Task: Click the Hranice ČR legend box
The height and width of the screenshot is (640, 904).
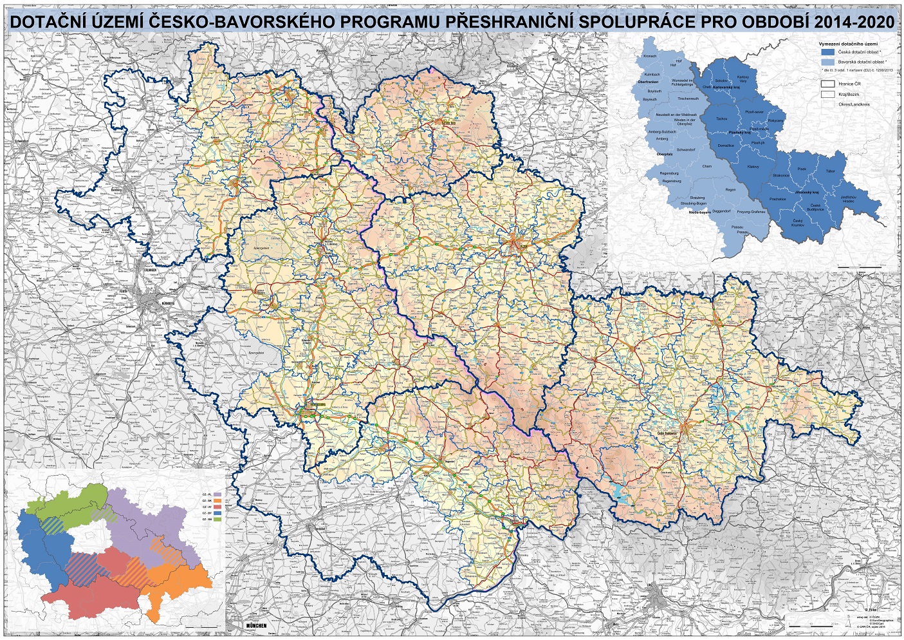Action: [x=827, y=84]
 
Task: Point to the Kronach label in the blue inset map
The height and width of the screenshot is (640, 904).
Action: [x=650, y=57]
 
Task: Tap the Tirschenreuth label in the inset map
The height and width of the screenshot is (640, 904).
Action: [x=688, y=99]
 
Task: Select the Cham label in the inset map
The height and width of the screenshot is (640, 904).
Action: [x=707, y=166]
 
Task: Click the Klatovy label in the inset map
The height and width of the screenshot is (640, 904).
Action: [x=752, y=167]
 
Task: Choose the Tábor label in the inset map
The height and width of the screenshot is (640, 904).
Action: [x=831, y=171]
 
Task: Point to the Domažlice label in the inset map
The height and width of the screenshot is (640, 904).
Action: [x=726, y=146]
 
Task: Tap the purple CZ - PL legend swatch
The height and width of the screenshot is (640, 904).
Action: [x=217, y=494]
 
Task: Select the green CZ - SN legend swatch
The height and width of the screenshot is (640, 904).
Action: [x=217, y=519]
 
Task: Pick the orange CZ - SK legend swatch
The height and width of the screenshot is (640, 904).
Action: [x=217, y=500]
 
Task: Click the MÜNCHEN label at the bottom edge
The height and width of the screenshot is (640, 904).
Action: [x=257, y=626]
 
